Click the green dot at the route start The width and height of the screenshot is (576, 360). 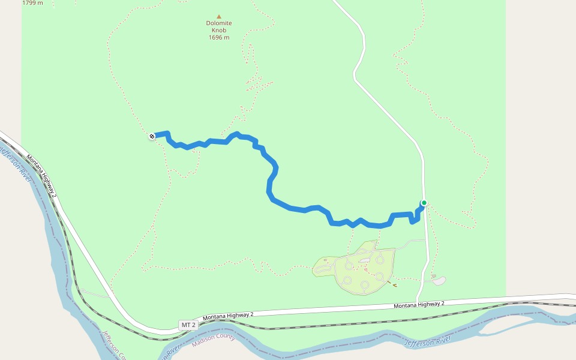tap(424, 203)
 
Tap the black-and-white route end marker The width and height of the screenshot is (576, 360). tap(152, 136)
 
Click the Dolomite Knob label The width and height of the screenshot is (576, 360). tap(219, 27)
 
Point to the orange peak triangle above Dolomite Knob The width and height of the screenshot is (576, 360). tap(219, 17)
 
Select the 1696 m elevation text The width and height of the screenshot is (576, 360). tap(219, 37)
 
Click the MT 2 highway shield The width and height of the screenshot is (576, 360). tap(188, 325)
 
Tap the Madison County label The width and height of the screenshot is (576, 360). tap(214, 340)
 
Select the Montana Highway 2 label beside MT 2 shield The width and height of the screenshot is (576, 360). tap(228, 315)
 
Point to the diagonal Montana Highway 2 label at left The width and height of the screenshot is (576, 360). tap(42, 176)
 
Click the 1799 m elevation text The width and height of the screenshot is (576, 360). tap(32, 3)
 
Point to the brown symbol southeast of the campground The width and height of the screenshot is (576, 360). tap(394, 285)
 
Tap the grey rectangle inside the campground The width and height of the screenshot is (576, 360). tap(364, 260)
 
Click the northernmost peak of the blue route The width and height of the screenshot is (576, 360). tap(237, 134)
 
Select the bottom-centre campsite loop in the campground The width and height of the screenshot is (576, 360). tap(365, 284)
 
